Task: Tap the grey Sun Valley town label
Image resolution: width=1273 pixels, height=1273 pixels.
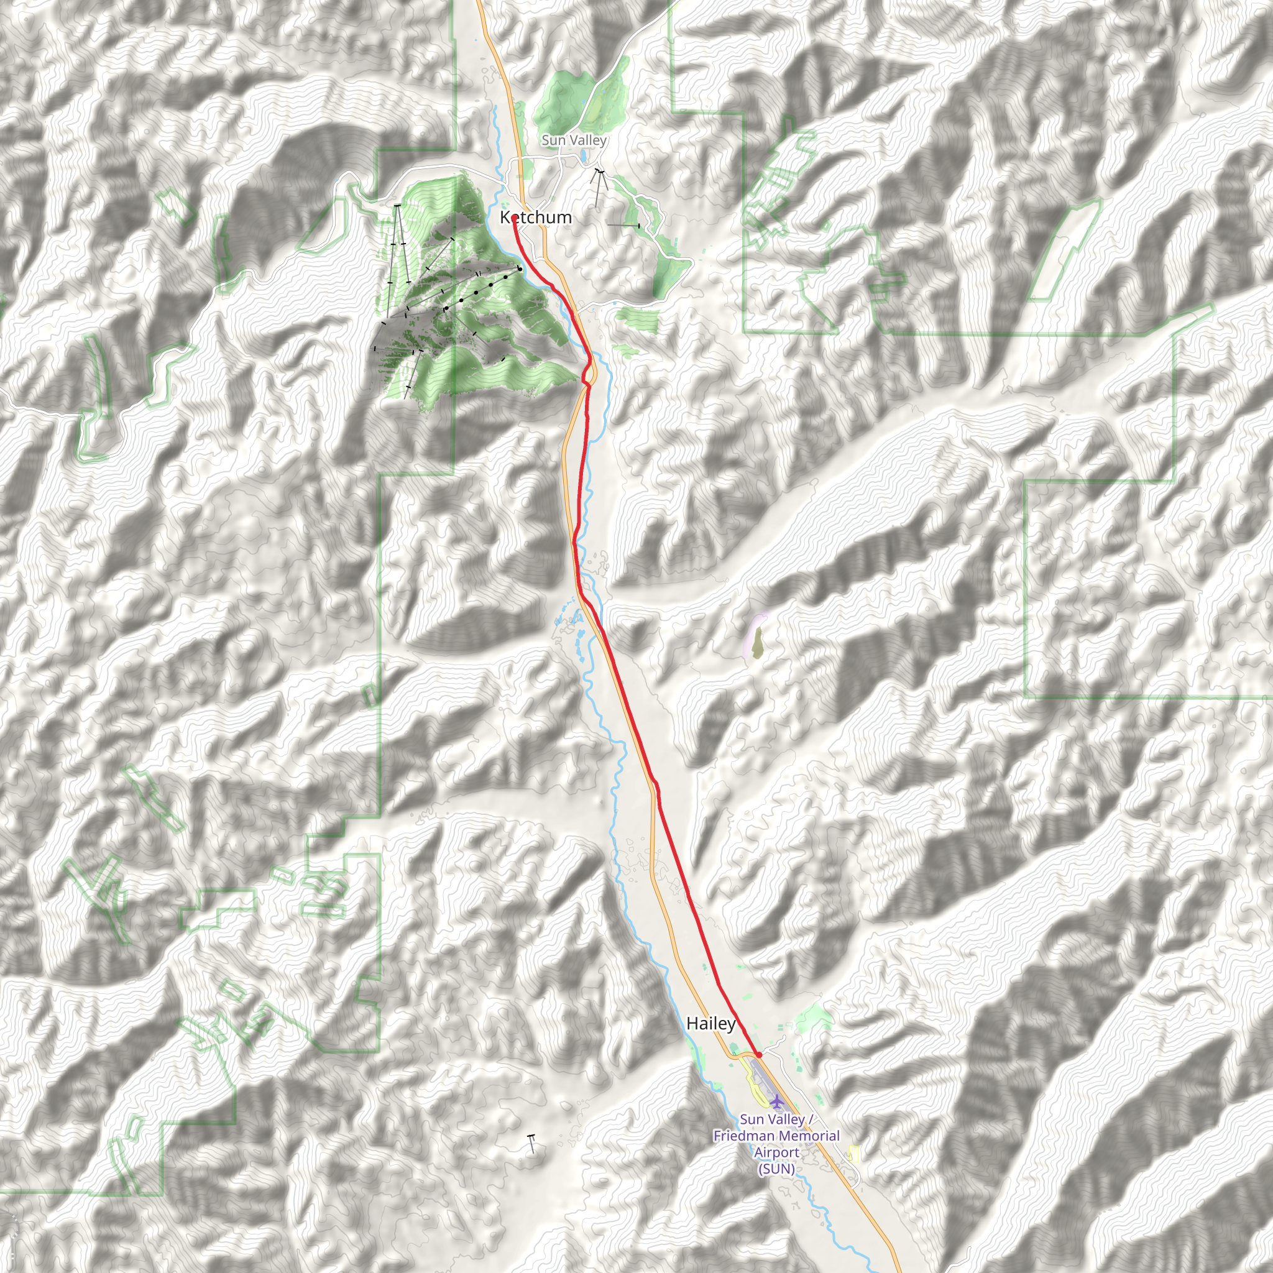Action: click(x=573, y=140)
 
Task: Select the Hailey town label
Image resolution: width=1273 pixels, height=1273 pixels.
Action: click(x=710, y=1023)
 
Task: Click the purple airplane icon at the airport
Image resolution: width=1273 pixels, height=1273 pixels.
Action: click(x=778, y=1101)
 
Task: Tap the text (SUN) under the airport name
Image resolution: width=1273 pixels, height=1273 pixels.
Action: click(x=776, y=1169)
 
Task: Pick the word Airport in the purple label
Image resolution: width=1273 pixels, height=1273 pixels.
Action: click(x=776, y=1152)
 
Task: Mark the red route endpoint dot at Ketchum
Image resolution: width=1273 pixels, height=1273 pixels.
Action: click(x=514, y=218)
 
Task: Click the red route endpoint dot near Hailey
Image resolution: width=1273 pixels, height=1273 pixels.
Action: click(x=759, y=1055)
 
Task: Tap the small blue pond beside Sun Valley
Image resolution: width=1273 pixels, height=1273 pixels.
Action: click(x=584, y=157)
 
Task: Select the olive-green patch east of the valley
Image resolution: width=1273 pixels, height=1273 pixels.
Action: click(x=758, y=643)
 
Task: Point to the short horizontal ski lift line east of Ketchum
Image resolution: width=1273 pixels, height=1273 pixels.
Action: click(x=623, y=226)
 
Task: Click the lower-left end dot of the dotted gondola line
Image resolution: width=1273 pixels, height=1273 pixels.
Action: click(x=446, y=308)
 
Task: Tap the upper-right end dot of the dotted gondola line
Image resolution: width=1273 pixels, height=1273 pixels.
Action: click(x=520, y=269)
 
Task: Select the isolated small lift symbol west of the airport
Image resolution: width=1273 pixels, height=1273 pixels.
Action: click(x=531, y=1143)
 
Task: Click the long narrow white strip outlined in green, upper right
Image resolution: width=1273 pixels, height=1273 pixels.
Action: click(x=1064, y=250)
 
